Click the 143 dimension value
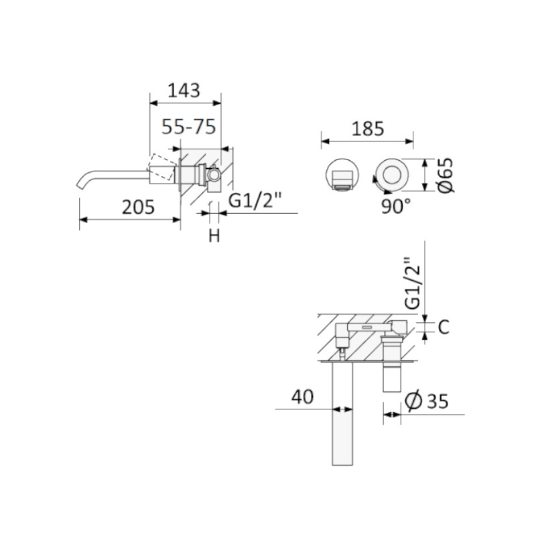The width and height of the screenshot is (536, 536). (184, 90)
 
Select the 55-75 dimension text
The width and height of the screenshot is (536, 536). (189, 127)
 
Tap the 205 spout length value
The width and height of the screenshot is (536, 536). (139, 207)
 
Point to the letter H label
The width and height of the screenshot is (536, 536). (214, 236)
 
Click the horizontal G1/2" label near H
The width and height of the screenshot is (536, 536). (255, 200)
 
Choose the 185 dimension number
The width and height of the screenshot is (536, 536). (368, 129)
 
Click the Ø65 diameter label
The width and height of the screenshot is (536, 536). (446, 176)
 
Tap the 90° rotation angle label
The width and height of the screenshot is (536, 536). (396, 206)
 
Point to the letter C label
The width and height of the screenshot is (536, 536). (444, 327)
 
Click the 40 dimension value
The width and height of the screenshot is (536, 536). (302, 397)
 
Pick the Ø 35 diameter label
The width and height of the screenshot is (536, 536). (426, 400)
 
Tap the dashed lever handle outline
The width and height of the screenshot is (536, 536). (161, 167)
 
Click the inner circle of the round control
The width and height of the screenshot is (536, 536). (392, 175)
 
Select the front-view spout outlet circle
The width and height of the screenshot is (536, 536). (342, 175)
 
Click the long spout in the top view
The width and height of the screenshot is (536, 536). (342, 413)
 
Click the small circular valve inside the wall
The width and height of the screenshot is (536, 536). (214, 175)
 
